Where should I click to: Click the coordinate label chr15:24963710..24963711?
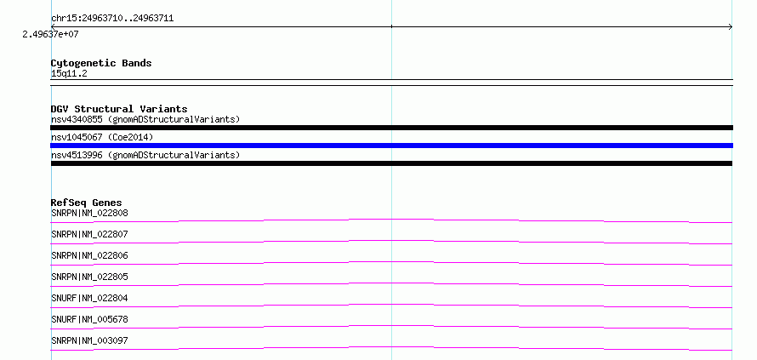pos(112,19)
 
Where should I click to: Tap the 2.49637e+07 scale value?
pos(50,34)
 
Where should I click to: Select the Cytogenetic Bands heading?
pos(101,63)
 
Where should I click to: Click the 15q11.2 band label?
pos(69,73)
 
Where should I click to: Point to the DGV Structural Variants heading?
pos(119,109)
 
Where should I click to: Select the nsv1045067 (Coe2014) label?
pos(102,137)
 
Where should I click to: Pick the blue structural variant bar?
pos(391,146)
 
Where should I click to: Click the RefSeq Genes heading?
pos(87,203)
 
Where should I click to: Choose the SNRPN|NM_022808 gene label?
pos(89,213)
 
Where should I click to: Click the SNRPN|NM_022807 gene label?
pos(89,234)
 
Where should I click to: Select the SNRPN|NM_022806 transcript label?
pos(89,255)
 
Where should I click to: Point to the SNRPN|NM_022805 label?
pos(89,277)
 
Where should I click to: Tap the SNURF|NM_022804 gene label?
pos(89,298)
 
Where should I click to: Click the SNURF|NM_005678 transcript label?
pos(89,319)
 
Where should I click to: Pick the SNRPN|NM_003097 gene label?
pos(89,340)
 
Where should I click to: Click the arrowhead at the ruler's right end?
pos(731,27)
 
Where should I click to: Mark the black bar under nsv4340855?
pos(391,128)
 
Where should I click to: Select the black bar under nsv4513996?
pos(391,163)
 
